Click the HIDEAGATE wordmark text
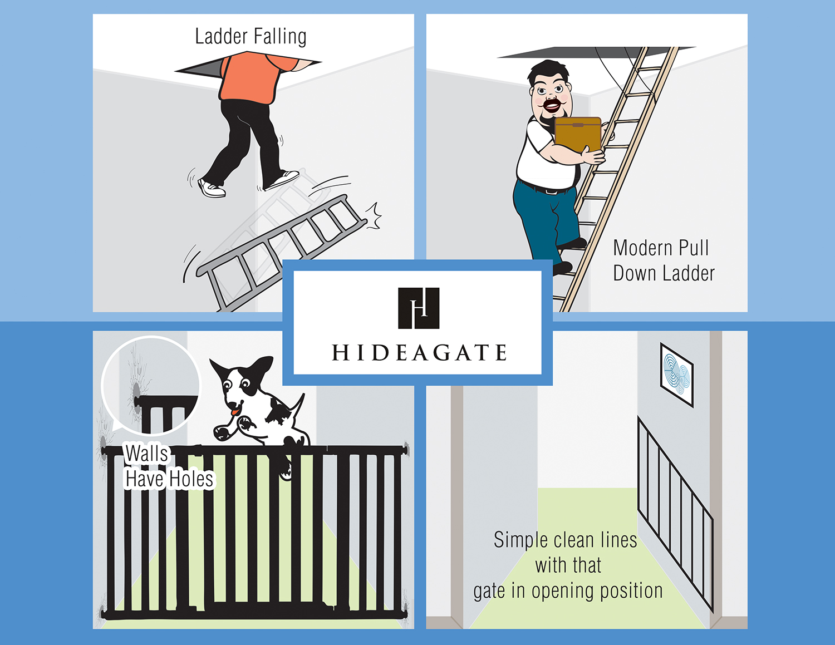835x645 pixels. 419,352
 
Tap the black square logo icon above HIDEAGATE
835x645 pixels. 419,308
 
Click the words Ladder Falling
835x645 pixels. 250,37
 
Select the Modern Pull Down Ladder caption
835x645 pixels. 664,260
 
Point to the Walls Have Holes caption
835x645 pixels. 169,466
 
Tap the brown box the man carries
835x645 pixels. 578,135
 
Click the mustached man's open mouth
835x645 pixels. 552,105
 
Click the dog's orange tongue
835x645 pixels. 235,411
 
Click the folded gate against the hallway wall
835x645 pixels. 675,514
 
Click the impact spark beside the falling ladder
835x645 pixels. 374,216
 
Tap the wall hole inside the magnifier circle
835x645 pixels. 136,391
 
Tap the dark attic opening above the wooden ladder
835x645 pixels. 596,52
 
